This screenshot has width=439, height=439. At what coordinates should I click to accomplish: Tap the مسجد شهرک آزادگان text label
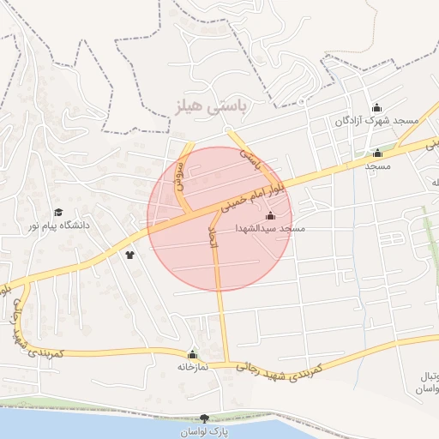tap(377, 121)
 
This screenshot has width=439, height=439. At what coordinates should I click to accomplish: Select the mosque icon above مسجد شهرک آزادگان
tap(376, 108)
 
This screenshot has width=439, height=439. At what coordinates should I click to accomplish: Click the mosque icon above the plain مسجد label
tap(377, 153)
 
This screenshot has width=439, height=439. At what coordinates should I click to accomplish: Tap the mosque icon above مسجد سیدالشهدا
tap(271, 216)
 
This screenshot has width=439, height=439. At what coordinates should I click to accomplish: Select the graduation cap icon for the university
tap(58, 212)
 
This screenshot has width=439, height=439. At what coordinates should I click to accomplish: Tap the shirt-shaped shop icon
tap(130, 255)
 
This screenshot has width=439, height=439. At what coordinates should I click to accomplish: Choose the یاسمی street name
tap(248, 155)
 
